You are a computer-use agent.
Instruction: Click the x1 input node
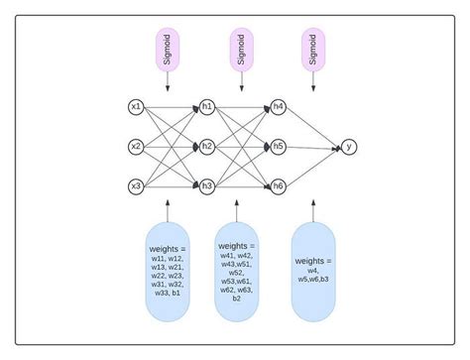click(137, 105)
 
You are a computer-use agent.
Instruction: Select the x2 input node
click(137, 146)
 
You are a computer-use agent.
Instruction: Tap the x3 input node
click(137, 185)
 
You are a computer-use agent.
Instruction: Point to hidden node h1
click(207, 105)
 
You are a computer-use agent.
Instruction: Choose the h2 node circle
click(207, 146)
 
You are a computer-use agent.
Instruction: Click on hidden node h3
click(207, 185)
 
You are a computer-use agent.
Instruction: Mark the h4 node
click(278, 105)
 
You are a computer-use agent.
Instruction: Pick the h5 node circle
click(278, 146)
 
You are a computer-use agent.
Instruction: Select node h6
click(278, 185)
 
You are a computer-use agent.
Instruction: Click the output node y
click(349, 146)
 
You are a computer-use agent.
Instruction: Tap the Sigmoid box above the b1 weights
click(168, 50)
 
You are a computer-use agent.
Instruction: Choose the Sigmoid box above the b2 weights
click(238, 50)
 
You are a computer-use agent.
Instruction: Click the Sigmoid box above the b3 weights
click(313, 50)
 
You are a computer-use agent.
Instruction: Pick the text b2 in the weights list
click(236, 298)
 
